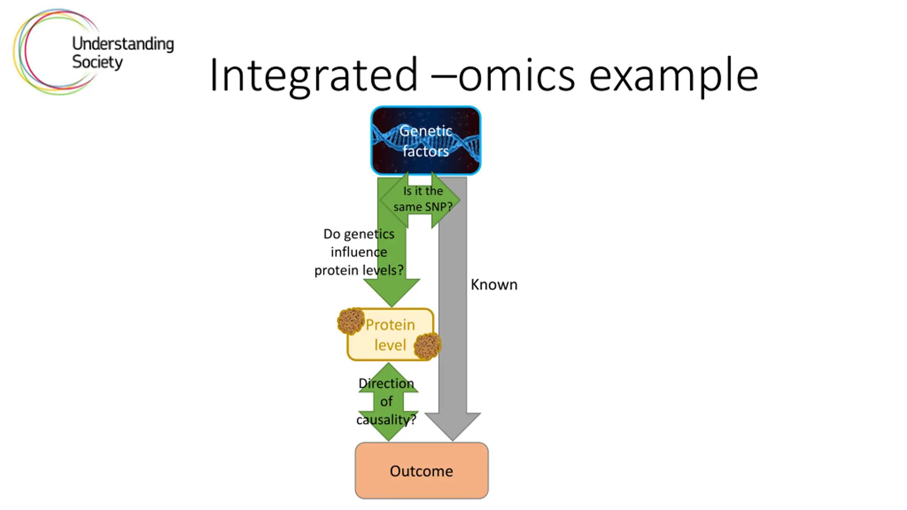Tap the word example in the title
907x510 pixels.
click(x=673, y=75)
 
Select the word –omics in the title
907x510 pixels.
click(x=503, y=75)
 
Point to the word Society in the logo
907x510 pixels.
click(x=97, y=62)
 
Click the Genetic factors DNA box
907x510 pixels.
click(x=426, y=141)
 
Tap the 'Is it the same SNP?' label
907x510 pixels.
click(x=423, y=199)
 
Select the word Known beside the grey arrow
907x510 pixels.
click(x=494, y=285)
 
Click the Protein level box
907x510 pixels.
click(x=390, y=335)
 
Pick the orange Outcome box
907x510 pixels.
click(x=422, y=471)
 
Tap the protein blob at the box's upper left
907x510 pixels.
click(x=350, y=321)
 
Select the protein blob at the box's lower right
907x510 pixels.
click(x=427, y=346)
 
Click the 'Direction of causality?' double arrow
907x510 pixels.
click(x=388, y=402)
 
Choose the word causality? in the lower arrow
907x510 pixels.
click(x=386, y=420)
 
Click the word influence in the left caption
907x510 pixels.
click(x=359, y=252)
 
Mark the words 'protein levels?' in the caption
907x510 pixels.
click(x=359, y=271)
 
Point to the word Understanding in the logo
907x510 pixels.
click(x=123, y=44)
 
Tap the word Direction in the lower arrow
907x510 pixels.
click(x=386, y=383)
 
